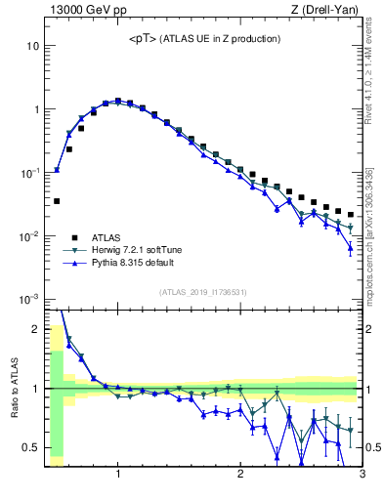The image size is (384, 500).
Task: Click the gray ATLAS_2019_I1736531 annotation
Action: (x=202, y=291)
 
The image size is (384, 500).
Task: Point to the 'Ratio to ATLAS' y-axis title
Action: (x=13, y=388)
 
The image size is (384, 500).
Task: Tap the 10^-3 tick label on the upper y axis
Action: (x=28, y=299)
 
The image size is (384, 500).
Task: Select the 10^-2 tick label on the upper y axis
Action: (x=28, y=236)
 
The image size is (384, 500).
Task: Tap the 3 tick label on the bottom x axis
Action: (x=362, y=476)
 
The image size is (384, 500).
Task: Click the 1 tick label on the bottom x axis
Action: (x=118, y=476)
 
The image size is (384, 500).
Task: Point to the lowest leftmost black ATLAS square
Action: (x=57, y=201)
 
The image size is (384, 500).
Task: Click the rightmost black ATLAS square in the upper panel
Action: (x=351, y=215)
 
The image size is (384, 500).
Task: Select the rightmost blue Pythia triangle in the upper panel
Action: (x=351, y=247)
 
